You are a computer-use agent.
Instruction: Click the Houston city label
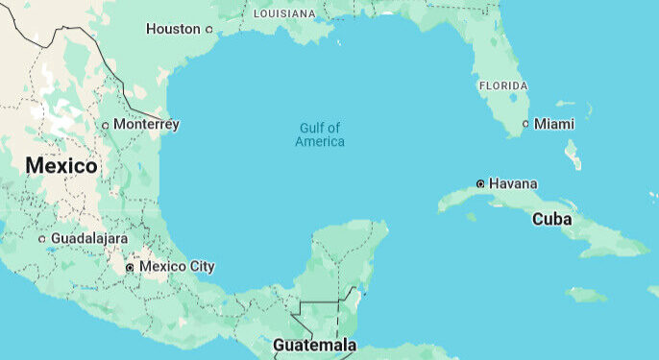[x=173, y=29]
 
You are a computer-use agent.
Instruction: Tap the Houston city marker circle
[x=209, y=29]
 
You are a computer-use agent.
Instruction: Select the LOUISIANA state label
[x=284, y=14]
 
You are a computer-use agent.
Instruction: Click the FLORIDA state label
[x=502, y=85]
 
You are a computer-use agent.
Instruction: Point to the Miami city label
[x=554, y=124]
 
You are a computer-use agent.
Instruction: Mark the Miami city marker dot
[x=525, y=124]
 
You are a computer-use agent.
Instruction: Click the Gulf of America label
[x=319, y=134]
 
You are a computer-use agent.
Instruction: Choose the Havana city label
[x=513, y=183]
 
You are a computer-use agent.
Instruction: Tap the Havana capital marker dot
[x=480, y=183]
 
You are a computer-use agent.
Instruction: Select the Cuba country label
[x=552, y=219]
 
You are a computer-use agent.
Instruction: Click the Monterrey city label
[x=146, y=124]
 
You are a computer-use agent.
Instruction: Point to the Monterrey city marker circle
[x=106, y=125]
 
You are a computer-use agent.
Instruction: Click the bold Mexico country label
[x=61, y=166]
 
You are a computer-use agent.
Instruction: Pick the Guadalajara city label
[x=89, y=238]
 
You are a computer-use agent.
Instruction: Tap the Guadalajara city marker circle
[x=41, y=238]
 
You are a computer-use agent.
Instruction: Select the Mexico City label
[x=177, y=266]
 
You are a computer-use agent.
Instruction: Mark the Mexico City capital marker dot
[x=130, y=267]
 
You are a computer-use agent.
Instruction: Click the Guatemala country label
[x=314, y=345]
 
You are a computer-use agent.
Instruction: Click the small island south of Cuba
[x=585, y=294]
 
